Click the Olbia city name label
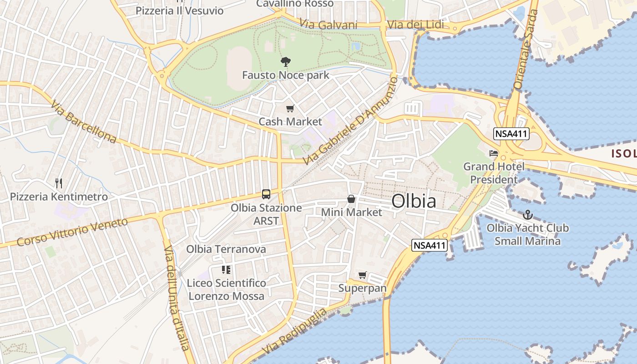pos(414,201)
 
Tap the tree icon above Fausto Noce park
pos(285,61)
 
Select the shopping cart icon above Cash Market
pos(290,109)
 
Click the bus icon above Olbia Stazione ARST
pos(266,194)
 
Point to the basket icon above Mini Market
pos(351,199)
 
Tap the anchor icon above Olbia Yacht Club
pos(528,214)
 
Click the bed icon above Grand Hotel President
pos(494,153)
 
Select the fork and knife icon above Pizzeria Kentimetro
pos(59,183)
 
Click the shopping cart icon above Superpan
pos(362,275)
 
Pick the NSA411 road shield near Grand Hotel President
pos(511,134)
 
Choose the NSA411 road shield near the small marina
pos(430,246)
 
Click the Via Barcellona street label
pos(83,122)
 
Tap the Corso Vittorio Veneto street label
pos(72,232)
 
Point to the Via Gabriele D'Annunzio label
pos(350,121)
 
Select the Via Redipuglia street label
pos(295,331)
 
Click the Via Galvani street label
pos(328,25)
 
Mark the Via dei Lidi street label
pos(415,25)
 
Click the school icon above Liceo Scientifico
pos(226,270)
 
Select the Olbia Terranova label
pos(226,249)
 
